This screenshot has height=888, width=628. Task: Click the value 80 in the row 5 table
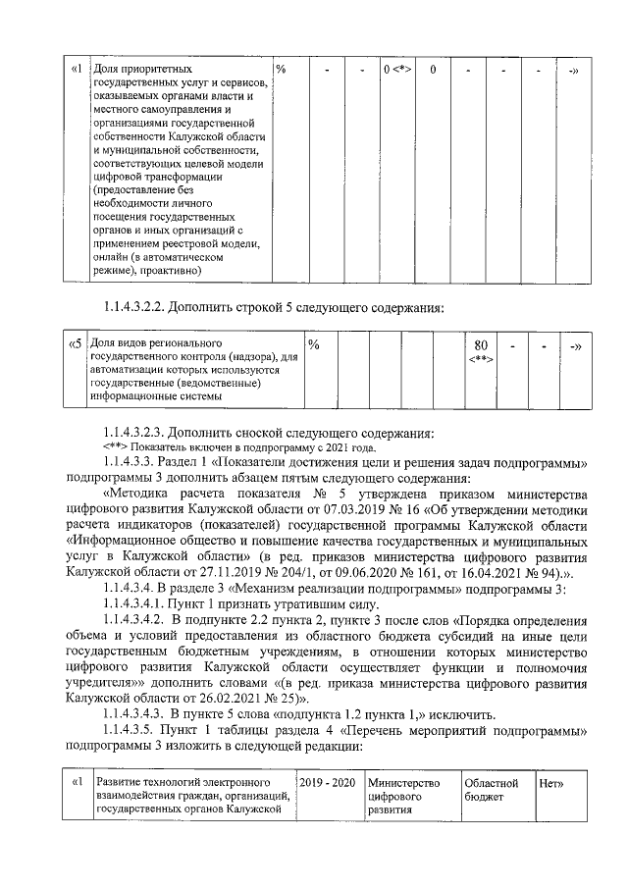(x=480, y=345)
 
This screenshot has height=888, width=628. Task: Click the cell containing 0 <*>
(x=396, y=70)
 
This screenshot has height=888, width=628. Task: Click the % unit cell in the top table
(x=281, y=70)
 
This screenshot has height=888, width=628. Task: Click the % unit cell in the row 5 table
(x=314, y=344)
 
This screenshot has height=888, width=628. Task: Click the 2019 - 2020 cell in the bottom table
(x=329, y=783)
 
